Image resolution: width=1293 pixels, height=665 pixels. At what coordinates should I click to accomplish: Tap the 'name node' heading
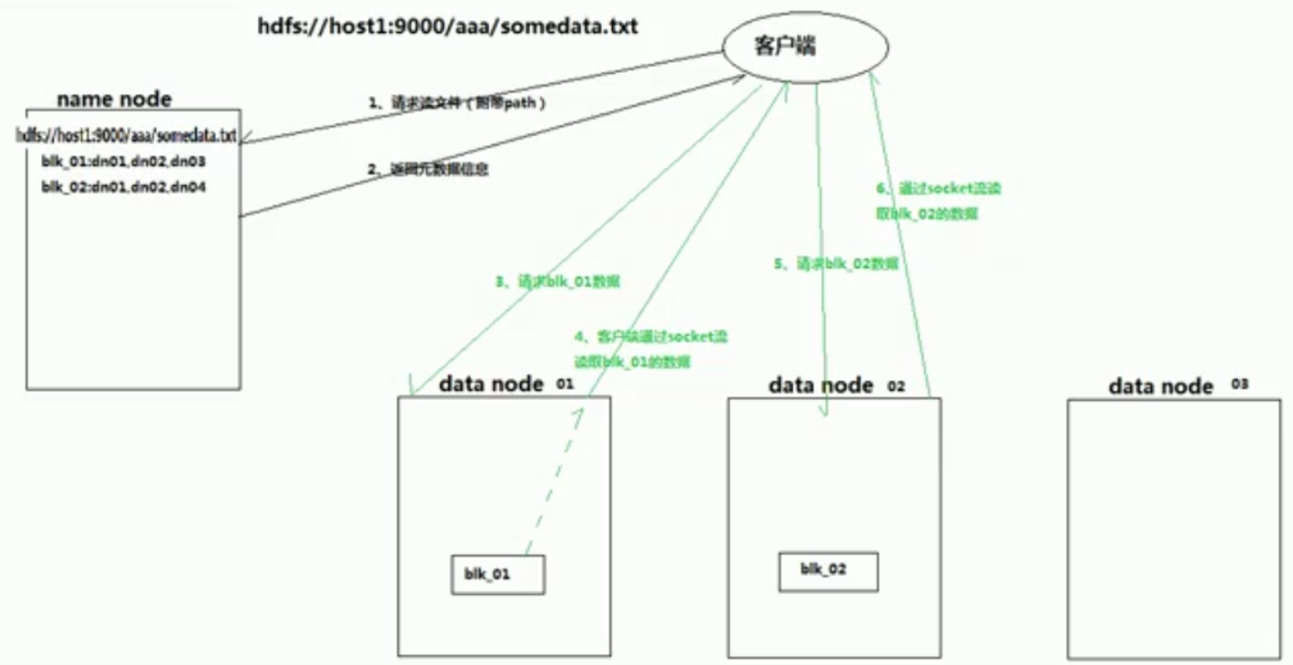click(114, 99)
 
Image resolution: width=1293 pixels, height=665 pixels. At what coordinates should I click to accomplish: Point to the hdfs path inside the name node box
click(126, 135)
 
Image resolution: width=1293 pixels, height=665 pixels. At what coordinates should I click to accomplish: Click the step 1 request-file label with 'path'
click(457, 103)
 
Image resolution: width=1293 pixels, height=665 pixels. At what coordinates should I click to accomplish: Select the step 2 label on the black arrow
click(428, 169)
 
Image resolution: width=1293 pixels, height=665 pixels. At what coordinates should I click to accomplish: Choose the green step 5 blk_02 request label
click(835, 263)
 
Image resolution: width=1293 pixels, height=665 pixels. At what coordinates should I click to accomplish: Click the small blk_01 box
click(498, 575)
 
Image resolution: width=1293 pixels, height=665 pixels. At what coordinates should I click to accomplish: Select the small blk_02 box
click(828, 571)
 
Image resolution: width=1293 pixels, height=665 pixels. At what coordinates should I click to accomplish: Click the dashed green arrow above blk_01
click(554, 481)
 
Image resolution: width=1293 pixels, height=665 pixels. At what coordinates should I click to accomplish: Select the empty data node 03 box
click(1172, 527)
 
